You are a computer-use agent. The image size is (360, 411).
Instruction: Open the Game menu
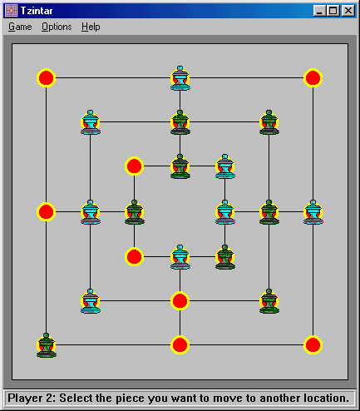[x=20, y=27]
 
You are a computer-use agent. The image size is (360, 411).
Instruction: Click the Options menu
[x=57, y=27]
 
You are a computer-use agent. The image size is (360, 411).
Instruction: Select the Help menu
[x=91, y=27]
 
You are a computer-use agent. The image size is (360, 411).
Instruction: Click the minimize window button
[x=319, y=11]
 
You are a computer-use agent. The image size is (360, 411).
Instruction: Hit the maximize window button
[x=333, y=11]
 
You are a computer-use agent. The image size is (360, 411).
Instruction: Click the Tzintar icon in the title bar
[x=12, y=11]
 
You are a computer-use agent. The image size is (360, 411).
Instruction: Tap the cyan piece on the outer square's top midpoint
[x=180, y=78]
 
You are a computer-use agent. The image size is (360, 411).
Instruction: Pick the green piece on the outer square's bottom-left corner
[x=47, y=345]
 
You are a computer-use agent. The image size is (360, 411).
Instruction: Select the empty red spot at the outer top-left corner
[x=46, y=77]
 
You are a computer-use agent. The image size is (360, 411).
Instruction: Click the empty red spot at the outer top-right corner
[x=313, y=77]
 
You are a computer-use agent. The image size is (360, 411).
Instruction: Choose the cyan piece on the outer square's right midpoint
[x=313, y=212]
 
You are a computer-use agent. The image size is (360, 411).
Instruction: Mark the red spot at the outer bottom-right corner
[x=313, y=345]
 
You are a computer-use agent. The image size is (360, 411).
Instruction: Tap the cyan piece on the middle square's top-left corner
[x=91, y=122]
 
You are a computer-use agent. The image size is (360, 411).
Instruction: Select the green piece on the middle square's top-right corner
[x=269, y=122]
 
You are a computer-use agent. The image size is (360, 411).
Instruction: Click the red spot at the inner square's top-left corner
[x=134, y=166]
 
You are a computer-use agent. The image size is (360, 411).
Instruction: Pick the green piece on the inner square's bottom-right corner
[x=225, y=257]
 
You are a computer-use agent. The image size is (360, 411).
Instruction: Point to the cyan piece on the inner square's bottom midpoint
[x=180, y=257]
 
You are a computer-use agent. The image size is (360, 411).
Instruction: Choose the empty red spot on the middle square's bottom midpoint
[x=180, y=301]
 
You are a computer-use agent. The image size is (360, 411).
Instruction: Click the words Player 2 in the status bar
[x=32, y=399]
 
